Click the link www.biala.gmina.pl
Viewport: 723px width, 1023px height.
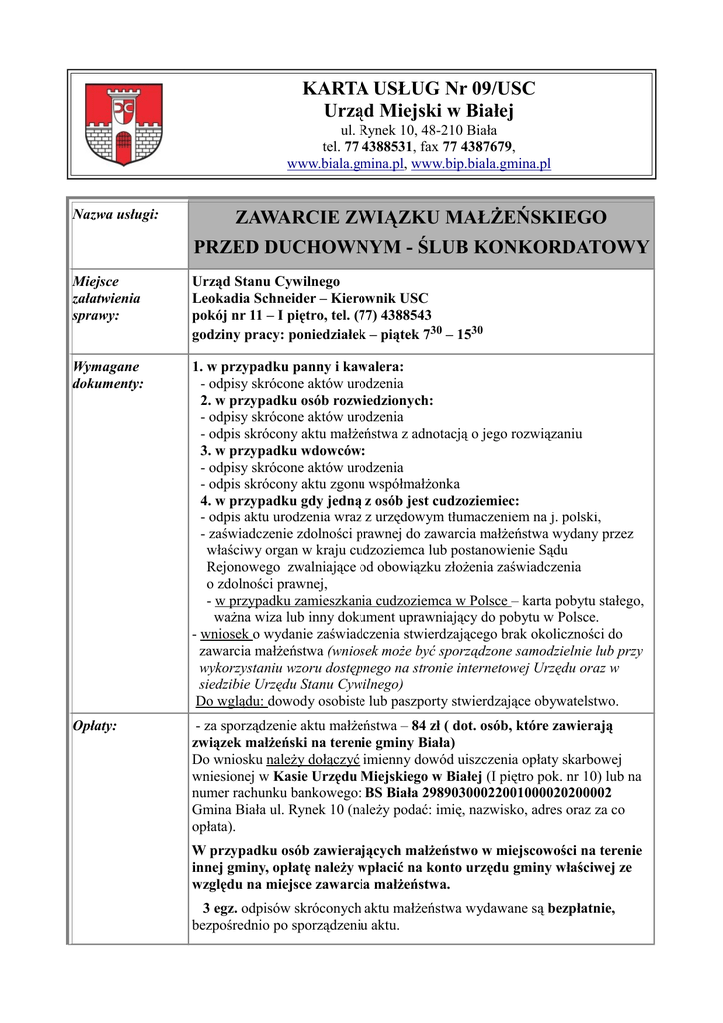click(x=346, y=163)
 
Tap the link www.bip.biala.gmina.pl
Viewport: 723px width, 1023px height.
click(x=481, y=163)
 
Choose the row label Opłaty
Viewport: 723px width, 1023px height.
click(x=97, y=725)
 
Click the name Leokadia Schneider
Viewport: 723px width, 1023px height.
click(x=255, y=299)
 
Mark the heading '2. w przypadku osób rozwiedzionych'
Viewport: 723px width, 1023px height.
click(x=317, y=400)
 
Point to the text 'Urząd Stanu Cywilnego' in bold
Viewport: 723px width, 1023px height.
click(x=266, y=281)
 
